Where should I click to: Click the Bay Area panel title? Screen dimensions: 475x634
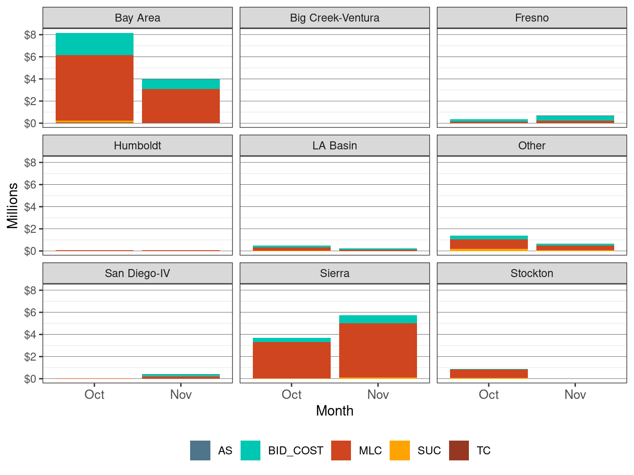[x=137, y=18]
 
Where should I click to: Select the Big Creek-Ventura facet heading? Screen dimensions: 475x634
[x=334, y=18]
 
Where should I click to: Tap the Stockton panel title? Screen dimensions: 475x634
[x=532, y=273]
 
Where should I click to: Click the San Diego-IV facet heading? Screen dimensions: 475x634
[x=137, y=273]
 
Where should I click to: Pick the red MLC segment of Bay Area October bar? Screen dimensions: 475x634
[x=94, y=88]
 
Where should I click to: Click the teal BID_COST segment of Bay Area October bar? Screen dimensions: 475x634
[x=94, y=44]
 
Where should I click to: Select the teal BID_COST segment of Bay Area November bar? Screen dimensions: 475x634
[x=181, y=84]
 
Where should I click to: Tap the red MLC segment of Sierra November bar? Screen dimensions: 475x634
[x=378, y=350]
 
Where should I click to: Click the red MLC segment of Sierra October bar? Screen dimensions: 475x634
[x=292, y=360]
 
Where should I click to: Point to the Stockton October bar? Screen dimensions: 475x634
[x=489, y=373]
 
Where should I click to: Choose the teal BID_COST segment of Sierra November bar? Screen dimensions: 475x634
[x=378, y=319]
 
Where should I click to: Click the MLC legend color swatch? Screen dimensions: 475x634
[x=341, y=450]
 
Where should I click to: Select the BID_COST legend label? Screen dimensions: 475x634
[x=295, y=450]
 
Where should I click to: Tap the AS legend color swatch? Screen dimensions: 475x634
[x=200, y=450]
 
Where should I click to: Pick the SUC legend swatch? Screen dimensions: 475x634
[x=400, y=450]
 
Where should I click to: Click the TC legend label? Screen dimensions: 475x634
[x=484, y=450]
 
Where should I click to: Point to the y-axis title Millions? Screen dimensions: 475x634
[x=12, y=205]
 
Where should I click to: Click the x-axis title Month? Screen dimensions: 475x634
[x=334, y=410]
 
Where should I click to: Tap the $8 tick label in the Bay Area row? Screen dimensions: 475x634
[x=30, y=35]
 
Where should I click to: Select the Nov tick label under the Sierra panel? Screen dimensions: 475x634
[x=378, y=394]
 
